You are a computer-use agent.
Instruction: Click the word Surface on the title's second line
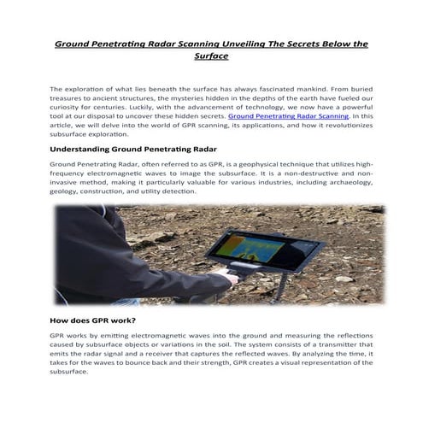click(x=211, y=56)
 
